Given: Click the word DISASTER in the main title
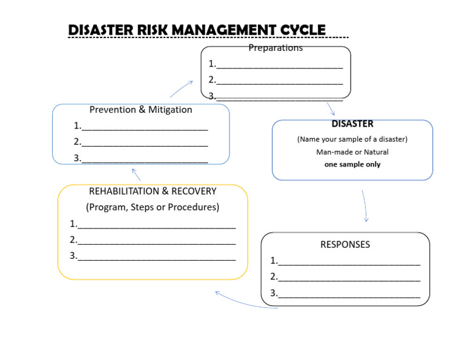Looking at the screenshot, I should click(x=101, y=30).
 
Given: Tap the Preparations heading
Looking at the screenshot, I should click(x=275, y=48).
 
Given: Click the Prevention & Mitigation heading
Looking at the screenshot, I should click(x=140, y=110).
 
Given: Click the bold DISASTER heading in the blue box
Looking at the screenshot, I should click(x=352, y=124).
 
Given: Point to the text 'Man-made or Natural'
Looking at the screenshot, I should click(x=352, y=152).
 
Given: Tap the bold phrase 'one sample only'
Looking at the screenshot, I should click(x=352, y=164).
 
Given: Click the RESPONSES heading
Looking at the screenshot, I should click(x=345, y=245).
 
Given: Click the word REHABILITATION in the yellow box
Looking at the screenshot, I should click(x=124, y=191).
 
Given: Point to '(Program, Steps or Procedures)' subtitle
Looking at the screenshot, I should click(x=153, y=207).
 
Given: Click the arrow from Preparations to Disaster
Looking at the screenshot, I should click(x=331, y=108).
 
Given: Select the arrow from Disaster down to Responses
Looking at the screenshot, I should click(x=364, y=206).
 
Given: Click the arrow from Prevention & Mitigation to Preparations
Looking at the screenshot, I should click(x=181, y=89).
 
